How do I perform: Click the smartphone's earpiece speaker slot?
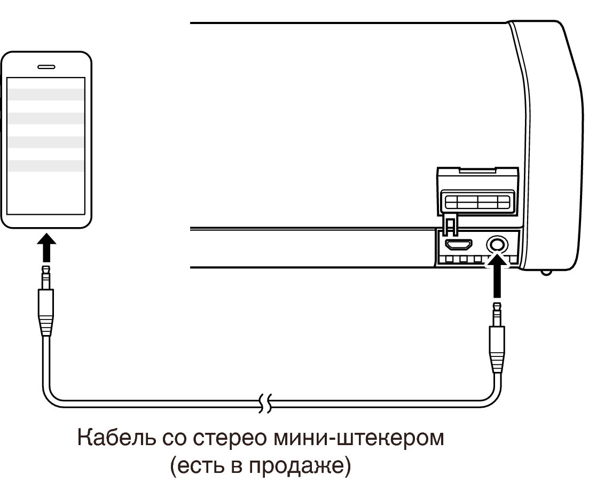coord(46,67)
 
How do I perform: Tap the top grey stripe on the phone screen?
coord(46,95)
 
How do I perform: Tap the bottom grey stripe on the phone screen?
coord(46,166)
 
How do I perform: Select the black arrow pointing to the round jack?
coord(497,277)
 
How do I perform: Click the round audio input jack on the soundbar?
coord(497,245)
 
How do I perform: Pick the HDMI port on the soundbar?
coord(458,244)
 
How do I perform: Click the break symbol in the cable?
coord(265,403)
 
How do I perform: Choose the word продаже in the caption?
coord(296,467)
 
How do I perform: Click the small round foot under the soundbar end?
coord(546,272)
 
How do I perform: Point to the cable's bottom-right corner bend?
coord(493,399)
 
